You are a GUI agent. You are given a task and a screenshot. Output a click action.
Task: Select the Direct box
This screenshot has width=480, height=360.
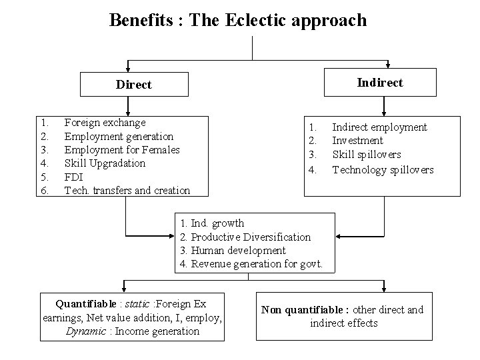coord(134,85)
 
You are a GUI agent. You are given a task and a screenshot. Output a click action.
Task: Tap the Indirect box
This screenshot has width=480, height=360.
coord(379,83)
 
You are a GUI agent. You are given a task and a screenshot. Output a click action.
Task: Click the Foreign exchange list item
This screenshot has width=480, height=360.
coord(105,123)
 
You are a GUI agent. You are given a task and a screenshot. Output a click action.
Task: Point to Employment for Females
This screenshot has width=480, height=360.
coord(122,150)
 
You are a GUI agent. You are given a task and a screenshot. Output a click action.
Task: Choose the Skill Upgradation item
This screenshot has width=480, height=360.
coord(105,163)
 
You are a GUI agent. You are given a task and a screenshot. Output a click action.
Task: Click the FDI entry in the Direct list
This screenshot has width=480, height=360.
coord(73,177)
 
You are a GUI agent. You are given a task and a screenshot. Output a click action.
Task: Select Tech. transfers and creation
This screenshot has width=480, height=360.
coord(127,191)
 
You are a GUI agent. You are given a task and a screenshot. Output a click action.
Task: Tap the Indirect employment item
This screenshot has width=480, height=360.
coord(379,127)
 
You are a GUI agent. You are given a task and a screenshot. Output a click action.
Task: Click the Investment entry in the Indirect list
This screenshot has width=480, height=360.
coord(357,141)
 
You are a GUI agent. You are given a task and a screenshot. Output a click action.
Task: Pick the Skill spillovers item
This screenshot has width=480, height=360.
coord(367,155)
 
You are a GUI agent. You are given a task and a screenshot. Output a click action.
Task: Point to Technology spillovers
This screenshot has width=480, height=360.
coord(383,170)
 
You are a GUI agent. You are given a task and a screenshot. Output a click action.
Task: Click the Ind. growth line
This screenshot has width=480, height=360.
coord(212,223)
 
